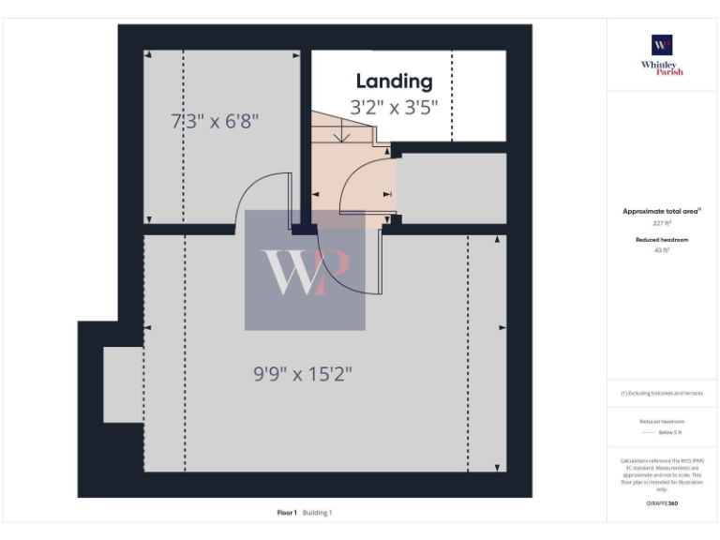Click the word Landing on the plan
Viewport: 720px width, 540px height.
click(x=394, y=82)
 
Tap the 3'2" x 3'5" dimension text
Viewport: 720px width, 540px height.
click(x=394, y=108)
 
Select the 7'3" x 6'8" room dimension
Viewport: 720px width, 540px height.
click(x=215, y=121)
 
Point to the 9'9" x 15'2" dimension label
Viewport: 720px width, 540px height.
click(x=303, y=374)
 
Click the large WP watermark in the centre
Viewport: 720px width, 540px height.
click(x=305, y=271)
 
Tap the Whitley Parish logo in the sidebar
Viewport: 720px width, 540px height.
click(x=662, y=55)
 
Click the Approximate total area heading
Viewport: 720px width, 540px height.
click(x=662, y=212)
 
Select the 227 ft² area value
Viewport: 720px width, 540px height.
click(x=662, y=224)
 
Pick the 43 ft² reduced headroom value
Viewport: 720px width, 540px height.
click(x=662, y=251)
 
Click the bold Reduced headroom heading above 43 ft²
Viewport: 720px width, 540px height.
click(x=662, y=240)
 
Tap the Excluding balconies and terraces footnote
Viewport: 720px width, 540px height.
click(x=662, y=393)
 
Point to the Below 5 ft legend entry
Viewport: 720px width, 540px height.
click(x=669, y=432)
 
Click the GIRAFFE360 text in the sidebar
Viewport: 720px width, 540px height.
click(x=662, y=503)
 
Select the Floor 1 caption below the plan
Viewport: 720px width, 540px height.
click(x=287, y=513)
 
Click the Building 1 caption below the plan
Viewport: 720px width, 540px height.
click(x=317, y=513)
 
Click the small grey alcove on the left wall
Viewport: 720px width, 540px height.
click(x=122, y=384)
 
